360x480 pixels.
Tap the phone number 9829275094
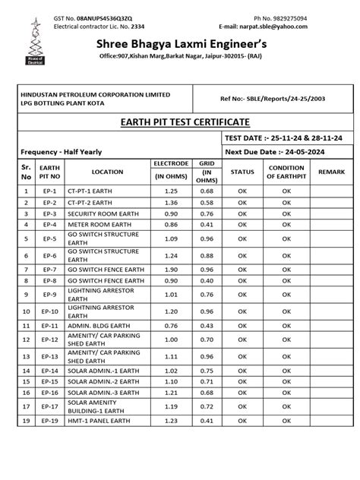(x=286, y=17)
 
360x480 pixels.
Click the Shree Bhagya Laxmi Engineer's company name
(x=178, y=47)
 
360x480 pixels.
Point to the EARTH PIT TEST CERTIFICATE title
(x=179, y=122)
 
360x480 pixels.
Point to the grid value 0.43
(x=206, y=325)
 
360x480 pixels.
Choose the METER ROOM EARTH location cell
(x=96, y=225)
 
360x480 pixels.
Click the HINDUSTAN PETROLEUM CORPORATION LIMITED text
(x=95, y=93)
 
